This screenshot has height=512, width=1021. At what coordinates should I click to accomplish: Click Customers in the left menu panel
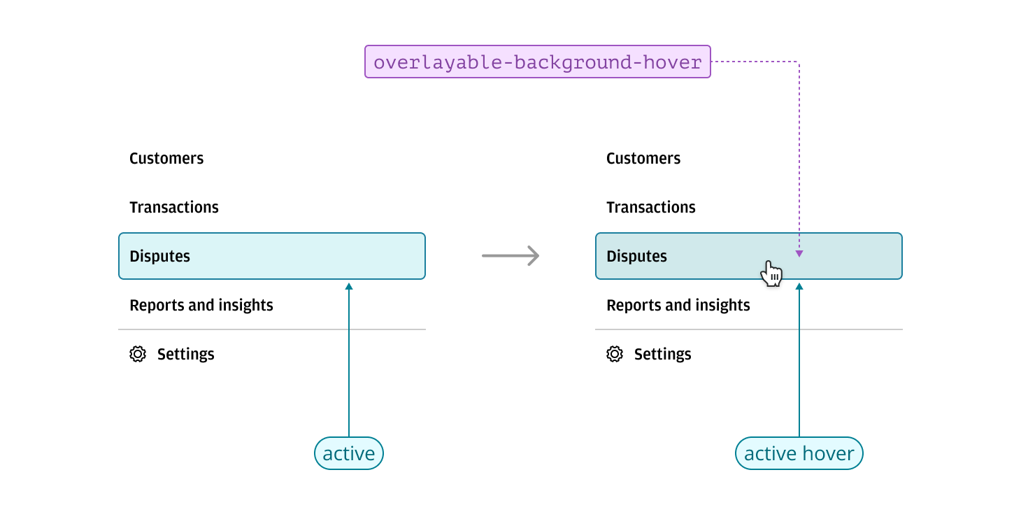point(166,158)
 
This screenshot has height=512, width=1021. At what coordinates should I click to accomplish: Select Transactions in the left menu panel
point(174,207)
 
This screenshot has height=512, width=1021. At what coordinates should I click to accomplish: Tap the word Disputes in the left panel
point(159,256)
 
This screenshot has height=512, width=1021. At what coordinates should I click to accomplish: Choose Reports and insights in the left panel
point(201,305)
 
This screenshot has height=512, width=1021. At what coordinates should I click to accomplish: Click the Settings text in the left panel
point(185,354)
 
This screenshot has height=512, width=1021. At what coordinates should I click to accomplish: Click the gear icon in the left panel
point(138,354)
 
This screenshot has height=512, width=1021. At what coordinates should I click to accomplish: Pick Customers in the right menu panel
point(643,158)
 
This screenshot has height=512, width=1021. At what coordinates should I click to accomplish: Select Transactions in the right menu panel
point(651,207)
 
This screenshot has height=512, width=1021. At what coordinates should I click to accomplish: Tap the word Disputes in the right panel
point(636,256)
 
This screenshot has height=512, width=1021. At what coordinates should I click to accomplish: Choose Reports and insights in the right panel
point(678,305)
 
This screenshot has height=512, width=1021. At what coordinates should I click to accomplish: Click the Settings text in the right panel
point(662,354)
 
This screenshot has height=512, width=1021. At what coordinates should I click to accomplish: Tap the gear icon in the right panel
point(615,354)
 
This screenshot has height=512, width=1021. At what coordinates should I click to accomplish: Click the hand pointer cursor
point(772,273)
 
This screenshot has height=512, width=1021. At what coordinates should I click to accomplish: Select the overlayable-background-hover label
point(537,62)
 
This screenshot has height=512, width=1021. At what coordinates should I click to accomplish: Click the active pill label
point(349,453)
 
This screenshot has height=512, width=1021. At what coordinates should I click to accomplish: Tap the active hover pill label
point(799,453)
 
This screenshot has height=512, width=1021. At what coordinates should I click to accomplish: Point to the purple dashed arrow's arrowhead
point(799,254)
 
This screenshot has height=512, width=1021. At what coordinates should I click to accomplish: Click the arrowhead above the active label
point(349,285)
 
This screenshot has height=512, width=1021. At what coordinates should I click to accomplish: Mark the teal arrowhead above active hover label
point(799,285)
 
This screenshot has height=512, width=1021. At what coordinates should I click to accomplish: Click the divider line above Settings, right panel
point(748,329)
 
